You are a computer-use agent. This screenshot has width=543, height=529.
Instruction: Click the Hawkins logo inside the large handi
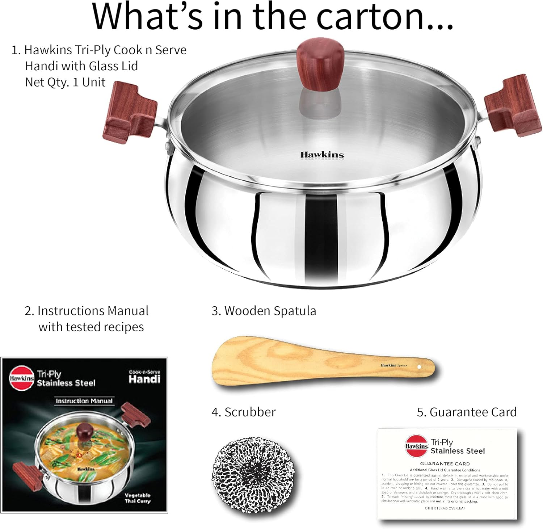pos(322,155)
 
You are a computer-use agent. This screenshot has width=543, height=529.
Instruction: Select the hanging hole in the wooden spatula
pos(419,367)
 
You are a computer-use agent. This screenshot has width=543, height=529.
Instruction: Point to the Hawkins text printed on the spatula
pos(388,365)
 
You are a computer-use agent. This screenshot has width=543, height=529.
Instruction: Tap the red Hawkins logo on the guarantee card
pos(416,446)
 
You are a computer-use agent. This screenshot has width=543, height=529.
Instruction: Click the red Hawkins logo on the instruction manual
pos(22,378)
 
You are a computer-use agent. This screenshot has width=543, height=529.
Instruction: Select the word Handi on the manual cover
pos(144,379)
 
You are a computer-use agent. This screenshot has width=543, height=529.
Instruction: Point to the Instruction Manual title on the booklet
pos(84,401)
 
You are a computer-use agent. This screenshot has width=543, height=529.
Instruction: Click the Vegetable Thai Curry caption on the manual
pos(138,498)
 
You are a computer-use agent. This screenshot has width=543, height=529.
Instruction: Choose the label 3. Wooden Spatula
pos(264,311)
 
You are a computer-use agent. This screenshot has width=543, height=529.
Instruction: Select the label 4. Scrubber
pos(243,412)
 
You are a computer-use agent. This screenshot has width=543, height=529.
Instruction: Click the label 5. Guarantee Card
pos(467,412)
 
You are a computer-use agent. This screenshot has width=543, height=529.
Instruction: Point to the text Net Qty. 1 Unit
pos(65,82)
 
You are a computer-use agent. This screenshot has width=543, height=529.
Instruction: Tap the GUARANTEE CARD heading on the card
pos(445,463)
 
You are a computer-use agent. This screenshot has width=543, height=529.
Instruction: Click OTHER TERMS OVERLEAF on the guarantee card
pos(445,508)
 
